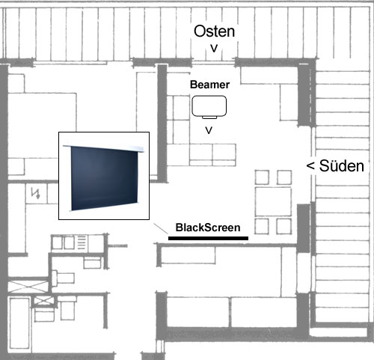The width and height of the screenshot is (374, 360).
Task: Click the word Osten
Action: pyautogui.click(x=214, y=31)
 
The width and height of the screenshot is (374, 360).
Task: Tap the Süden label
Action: pyautogui.click(x=342, y=165)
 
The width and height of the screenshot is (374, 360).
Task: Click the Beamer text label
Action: pyautogui.click(x=209, y=85)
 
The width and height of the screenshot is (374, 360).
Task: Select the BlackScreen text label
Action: pyautogui.click(x=208, y=228)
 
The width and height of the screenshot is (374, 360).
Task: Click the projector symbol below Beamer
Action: pyautogui.click(x=209, y=107)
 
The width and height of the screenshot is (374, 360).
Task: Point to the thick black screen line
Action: pyautogui.click(x=208, y=238)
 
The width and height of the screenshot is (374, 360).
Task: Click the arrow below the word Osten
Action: pyautogui.click(x=214, y=49)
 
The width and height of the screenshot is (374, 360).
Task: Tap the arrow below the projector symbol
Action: pyautogui.click(x=209, y=130)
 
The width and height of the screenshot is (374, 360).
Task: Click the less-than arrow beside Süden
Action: pyautogui.click(x=310, y=165)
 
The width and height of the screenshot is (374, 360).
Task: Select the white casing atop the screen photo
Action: pyautogui.click(x=103, y=148)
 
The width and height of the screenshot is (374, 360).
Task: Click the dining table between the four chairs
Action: pyautogui.click(x=273, y=202)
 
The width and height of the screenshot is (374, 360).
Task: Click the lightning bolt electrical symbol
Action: pyautogui.click(x=35, y=193)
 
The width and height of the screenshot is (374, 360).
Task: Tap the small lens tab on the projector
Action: pyautogui.click(x=209, y=118)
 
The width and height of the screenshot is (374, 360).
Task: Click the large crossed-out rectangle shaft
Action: pyautogui.click(x=28, y=286)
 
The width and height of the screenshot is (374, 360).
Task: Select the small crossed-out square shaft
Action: pyautogui.click(x=44, y=300)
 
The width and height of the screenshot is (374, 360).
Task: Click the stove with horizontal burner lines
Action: pyautogui.click(x=82, y=243)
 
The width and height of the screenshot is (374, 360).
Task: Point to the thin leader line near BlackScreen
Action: pyautogui.click(x=161, y=229)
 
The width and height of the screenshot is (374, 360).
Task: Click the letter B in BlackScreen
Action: pyautogui.click(x=179, y=228)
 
